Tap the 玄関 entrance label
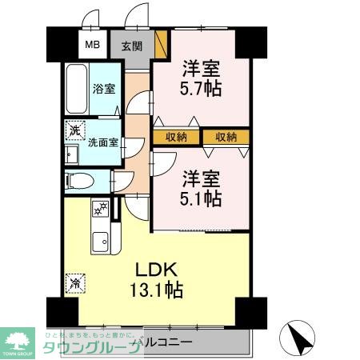click(x=132, y=46)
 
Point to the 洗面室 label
click(x=103, y=144)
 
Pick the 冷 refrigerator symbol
click(x=74, y=282)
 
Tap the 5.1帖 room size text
click(x=200, y=198)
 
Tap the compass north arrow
click(x=298, y=338)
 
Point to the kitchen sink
click(x=101, y=241)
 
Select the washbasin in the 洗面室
click(x=70, y=154)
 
